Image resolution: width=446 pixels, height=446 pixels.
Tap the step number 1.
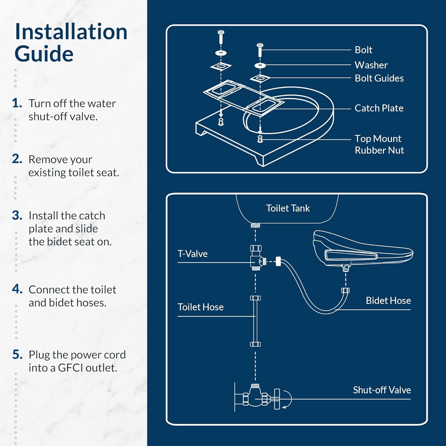click(17, 103)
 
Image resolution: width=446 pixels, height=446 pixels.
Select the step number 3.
click(17, 215)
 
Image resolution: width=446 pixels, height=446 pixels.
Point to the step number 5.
click(17, 354)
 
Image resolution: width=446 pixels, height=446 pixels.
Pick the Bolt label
click(363, 50)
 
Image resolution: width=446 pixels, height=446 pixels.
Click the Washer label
click(371, 65)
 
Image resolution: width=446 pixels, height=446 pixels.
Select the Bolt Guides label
click(379, 78)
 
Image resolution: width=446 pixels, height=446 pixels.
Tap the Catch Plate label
click(379, 108)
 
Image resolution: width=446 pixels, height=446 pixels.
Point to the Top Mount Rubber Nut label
click(379, 144)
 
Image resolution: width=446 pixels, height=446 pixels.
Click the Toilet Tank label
click(288, 208)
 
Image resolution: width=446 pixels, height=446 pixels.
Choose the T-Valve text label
click(192, 254)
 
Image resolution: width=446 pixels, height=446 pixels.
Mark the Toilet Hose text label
click(200, 307)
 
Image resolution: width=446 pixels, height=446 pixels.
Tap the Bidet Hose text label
click(388, 301)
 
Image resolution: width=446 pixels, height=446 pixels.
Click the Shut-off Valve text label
click(382, 390)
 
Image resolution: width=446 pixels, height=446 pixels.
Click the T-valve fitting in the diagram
click(256, 258)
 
